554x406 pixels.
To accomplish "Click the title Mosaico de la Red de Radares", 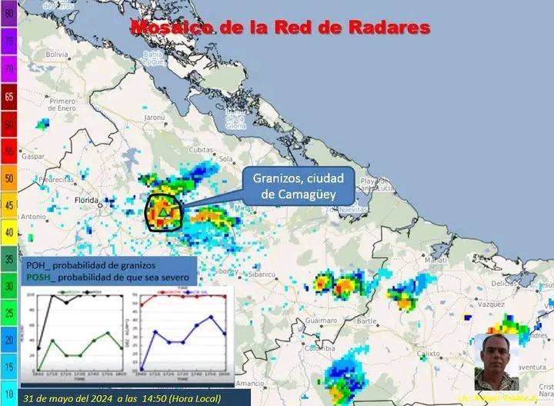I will coord(279,28).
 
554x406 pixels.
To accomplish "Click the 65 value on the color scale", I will coord(9,97).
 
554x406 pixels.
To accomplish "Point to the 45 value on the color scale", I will coord(9,205).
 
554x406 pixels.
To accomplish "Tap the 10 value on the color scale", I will coord(9,393).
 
